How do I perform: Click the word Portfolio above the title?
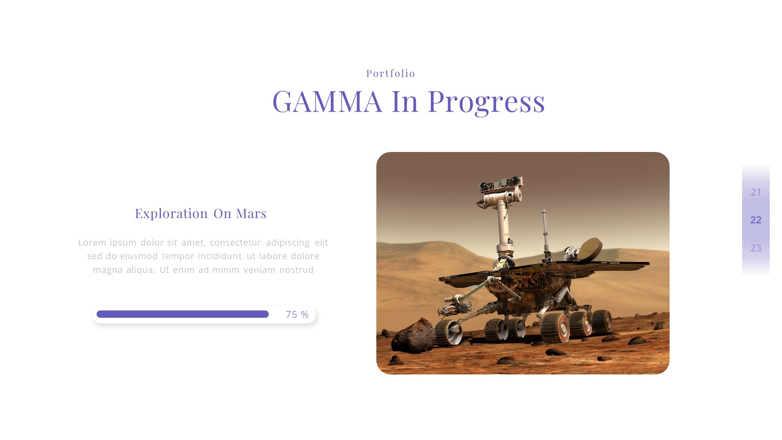click(x=391, y=73)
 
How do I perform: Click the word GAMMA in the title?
click(x=327, y=101)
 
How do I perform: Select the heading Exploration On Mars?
click(x=200, y=213)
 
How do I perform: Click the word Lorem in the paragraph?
click(x=92, y=242)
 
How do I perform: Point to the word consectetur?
click(x=235, y=242)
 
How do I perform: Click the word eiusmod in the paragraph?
click(x=139, y=256)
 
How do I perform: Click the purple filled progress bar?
click(x=182, y=314)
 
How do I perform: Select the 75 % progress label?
click(x=297, y=315)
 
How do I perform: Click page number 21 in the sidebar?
click(x=756, y=192)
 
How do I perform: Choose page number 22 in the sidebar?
click(x=756, y=220)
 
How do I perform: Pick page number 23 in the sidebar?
click(x=756, y=248)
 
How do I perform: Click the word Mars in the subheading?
click(x=251, y=213)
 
